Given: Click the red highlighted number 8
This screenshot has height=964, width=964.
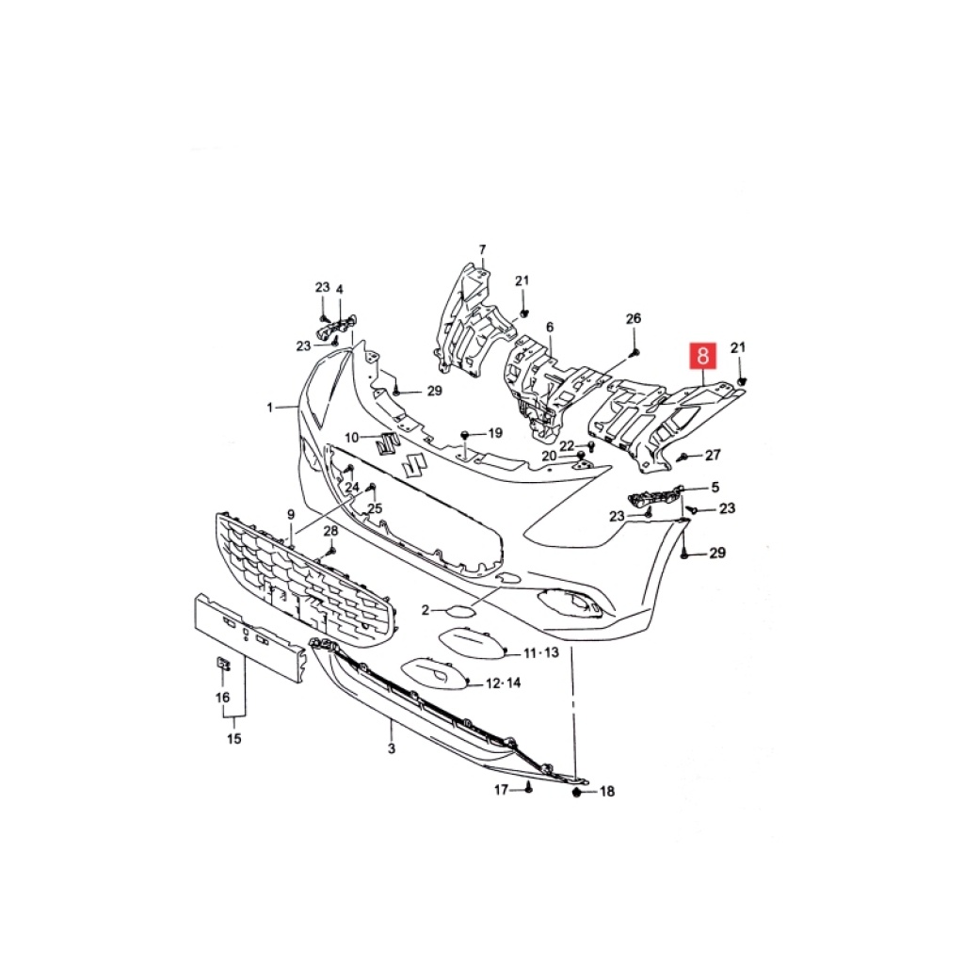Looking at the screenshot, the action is click(702, 356).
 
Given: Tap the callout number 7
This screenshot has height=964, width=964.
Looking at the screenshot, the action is click(483, 249).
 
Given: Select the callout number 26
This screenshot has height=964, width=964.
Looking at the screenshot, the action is click(634, 318).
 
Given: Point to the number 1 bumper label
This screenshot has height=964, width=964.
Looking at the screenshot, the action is click(269, 407).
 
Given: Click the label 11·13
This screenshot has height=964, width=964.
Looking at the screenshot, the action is click(541, 652).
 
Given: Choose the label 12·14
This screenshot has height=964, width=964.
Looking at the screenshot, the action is click(503, 683).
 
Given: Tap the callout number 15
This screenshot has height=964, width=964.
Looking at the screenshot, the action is click(234, 738).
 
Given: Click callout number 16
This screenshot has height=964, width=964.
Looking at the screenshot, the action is click(222, 698).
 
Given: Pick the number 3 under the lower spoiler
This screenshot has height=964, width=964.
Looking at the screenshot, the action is click(392, 748).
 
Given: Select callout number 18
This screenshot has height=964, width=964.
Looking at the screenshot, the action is click(607, 792).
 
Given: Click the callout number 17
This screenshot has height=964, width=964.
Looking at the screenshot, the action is click(502, 790).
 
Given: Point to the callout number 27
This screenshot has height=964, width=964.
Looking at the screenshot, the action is click(713, 455).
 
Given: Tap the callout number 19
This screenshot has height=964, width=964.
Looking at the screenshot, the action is click(495, 433).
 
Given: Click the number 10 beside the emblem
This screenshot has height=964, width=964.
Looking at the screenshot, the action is click(352, 438).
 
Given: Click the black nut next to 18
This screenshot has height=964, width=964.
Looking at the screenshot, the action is click(577, 793).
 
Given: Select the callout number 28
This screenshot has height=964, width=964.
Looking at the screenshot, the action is click(330, 531).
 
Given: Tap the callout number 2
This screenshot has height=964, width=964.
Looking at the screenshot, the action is click(426, 610).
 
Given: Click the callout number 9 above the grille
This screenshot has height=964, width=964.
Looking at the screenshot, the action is click(291, 514).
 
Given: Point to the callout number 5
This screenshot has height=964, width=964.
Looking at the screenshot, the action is click(715, 488).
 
